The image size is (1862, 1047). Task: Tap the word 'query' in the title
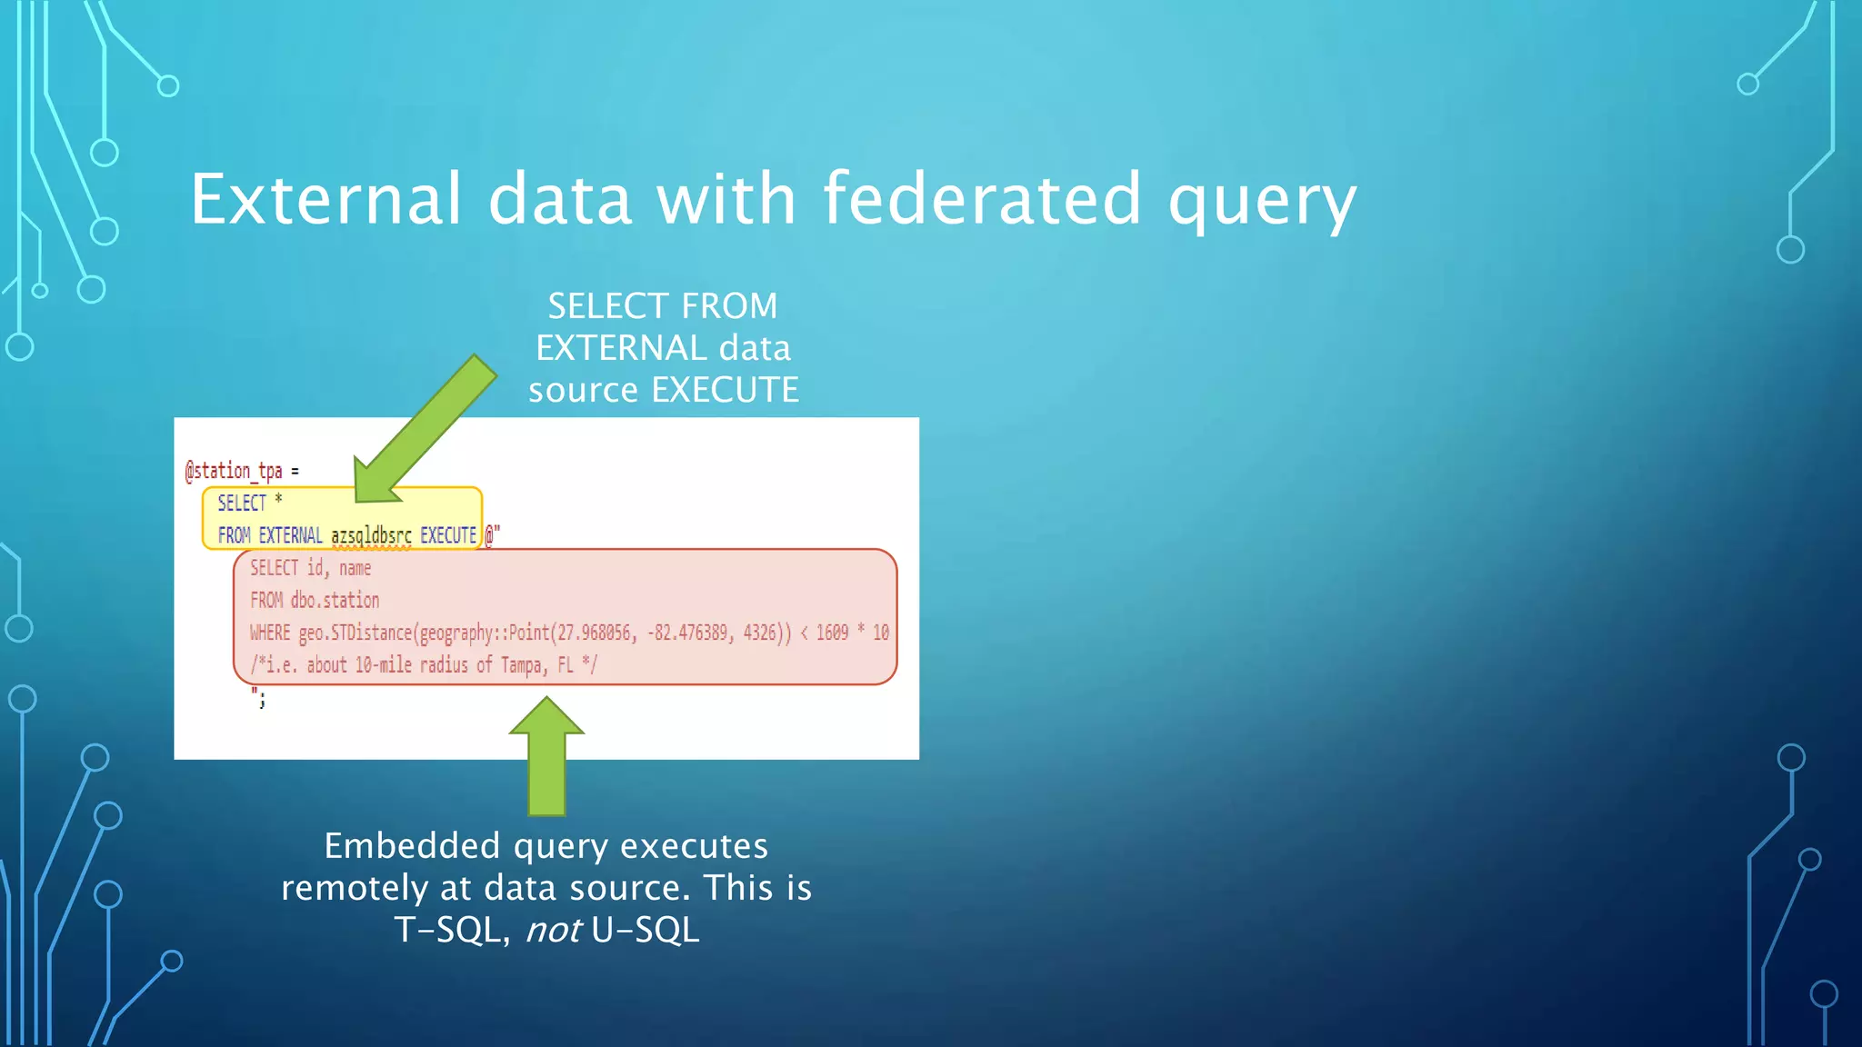tap(1262, 202)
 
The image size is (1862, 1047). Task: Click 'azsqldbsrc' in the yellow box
tap(371, 535)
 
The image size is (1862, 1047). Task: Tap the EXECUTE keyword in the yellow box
tap(447, 535)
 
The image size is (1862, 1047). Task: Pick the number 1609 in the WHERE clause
tap(832, 633)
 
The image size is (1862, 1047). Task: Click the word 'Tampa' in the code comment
tap(521, 665)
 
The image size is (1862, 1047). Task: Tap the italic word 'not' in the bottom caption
tap(553, 930)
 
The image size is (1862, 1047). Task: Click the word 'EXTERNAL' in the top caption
tap(621, 348)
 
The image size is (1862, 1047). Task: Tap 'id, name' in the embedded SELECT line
tap(338, 568)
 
